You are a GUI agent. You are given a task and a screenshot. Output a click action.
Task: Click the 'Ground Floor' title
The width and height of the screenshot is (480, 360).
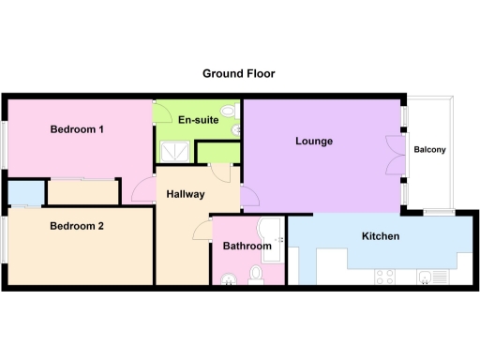point(239,72)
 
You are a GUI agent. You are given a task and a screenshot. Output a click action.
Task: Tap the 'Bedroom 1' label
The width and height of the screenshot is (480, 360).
point(76,130)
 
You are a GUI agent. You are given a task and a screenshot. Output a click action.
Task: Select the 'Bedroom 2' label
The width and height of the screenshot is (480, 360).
point(76,226)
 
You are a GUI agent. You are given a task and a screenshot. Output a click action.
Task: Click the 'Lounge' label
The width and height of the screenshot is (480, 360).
point(314,142)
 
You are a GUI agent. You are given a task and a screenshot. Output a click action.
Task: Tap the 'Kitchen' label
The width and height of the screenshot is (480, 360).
point(380,236)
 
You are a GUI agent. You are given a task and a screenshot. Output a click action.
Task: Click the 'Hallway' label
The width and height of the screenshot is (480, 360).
point(184,195)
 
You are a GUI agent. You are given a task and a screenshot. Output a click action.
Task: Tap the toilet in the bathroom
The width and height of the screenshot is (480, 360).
point(256,275)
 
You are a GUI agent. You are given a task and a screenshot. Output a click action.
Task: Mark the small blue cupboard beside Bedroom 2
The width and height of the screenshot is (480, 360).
point(19,193)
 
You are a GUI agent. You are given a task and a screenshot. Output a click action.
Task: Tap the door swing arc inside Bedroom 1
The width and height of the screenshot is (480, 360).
point(142,190)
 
